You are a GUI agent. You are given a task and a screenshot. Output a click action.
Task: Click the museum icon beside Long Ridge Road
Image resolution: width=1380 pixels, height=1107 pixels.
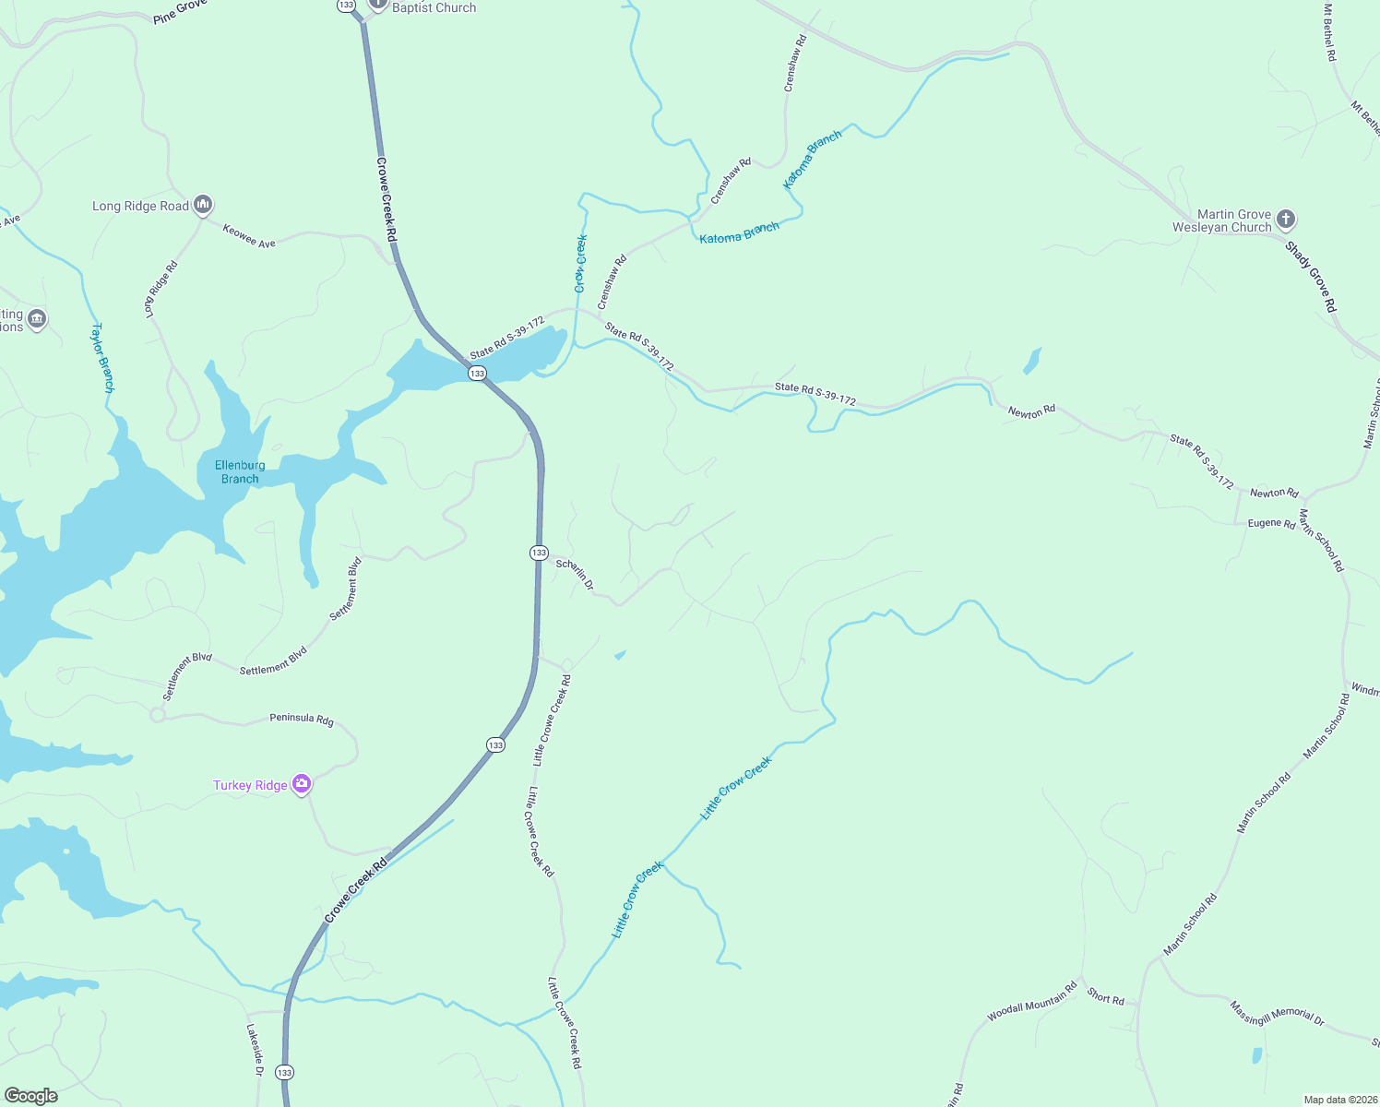coord(204,204)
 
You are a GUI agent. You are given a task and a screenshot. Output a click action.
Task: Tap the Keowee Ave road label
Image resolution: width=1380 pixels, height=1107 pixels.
coord(249,236)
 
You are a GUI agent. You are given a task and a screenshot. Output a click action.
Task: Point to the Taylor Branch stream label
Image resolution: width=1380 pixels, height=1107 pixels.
coord(102,358)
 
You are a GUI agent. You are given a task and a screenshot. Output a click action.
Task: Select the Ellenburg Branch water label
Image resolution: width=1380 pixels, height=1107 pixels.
coord(240,472)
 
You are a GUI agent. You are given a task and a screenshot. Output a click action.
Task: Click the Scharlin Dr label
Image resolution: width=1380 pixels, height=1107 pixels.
coord(575,574)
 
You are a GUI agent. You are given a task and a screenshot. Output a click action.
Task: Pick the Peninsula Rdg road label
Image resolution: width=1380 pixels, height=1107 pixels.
coord(302,719)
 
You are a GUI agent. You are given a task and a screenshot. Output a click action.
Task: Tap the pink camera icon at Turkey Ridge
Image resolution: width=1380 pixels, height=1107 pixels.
coord(302,784)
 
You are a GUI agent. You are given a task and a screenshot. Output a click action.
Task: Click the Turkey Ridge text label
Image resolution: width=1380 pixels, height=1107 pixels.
coord(250,785)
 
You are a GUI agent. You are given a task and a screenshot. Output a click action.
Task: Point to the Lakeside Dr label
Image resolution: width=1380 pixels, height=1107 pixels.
coord(256,1050)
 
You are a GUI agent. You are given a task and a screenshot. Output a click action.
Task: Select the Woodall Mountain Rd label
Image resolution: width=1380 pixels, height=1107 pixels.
coord(1032,1002)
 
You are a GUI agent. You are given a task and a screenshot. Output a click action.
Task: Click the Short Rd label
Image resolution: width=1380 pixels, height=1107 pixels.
coord(1105,996)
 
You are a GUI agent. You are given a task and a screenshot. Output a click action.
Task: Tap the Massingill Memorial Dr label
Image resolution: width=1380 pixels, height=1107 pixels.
coord(1277,1013)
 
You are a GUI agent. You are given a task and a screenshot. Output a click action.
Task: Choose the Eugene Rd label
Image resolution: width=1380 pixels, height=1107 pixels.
coord(1271,523)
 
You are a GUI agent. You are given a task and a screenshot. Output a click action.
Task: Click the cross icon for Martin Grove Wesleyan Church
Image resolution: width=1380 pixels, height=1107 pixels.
coord(1286,220)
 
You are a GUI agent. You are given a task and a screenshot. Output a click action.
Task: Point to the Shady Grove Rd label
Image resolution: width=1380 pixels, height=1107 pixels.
coord(1311,277)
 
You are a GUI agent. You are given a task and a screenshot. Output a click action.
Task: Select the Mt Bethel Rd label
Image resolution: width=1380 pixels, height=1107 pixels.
coord(1329,32)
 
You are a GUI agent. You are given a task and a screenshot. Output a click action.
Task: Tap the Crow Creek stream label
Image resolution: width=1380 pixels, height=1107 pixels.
coord(581,263)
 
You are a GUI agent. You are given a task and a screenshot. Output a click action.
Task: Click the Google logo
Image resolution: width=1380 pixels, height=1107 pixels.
coord(31,1096)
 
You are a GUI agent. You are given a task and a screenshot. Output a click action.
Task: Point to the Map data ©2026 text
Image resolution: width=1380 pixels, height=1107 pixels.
coord(1338,1100)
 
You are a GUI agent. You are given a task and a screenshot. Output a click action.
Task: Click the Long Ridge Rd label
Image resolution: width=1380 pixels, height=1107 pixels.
coord(161,290)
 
